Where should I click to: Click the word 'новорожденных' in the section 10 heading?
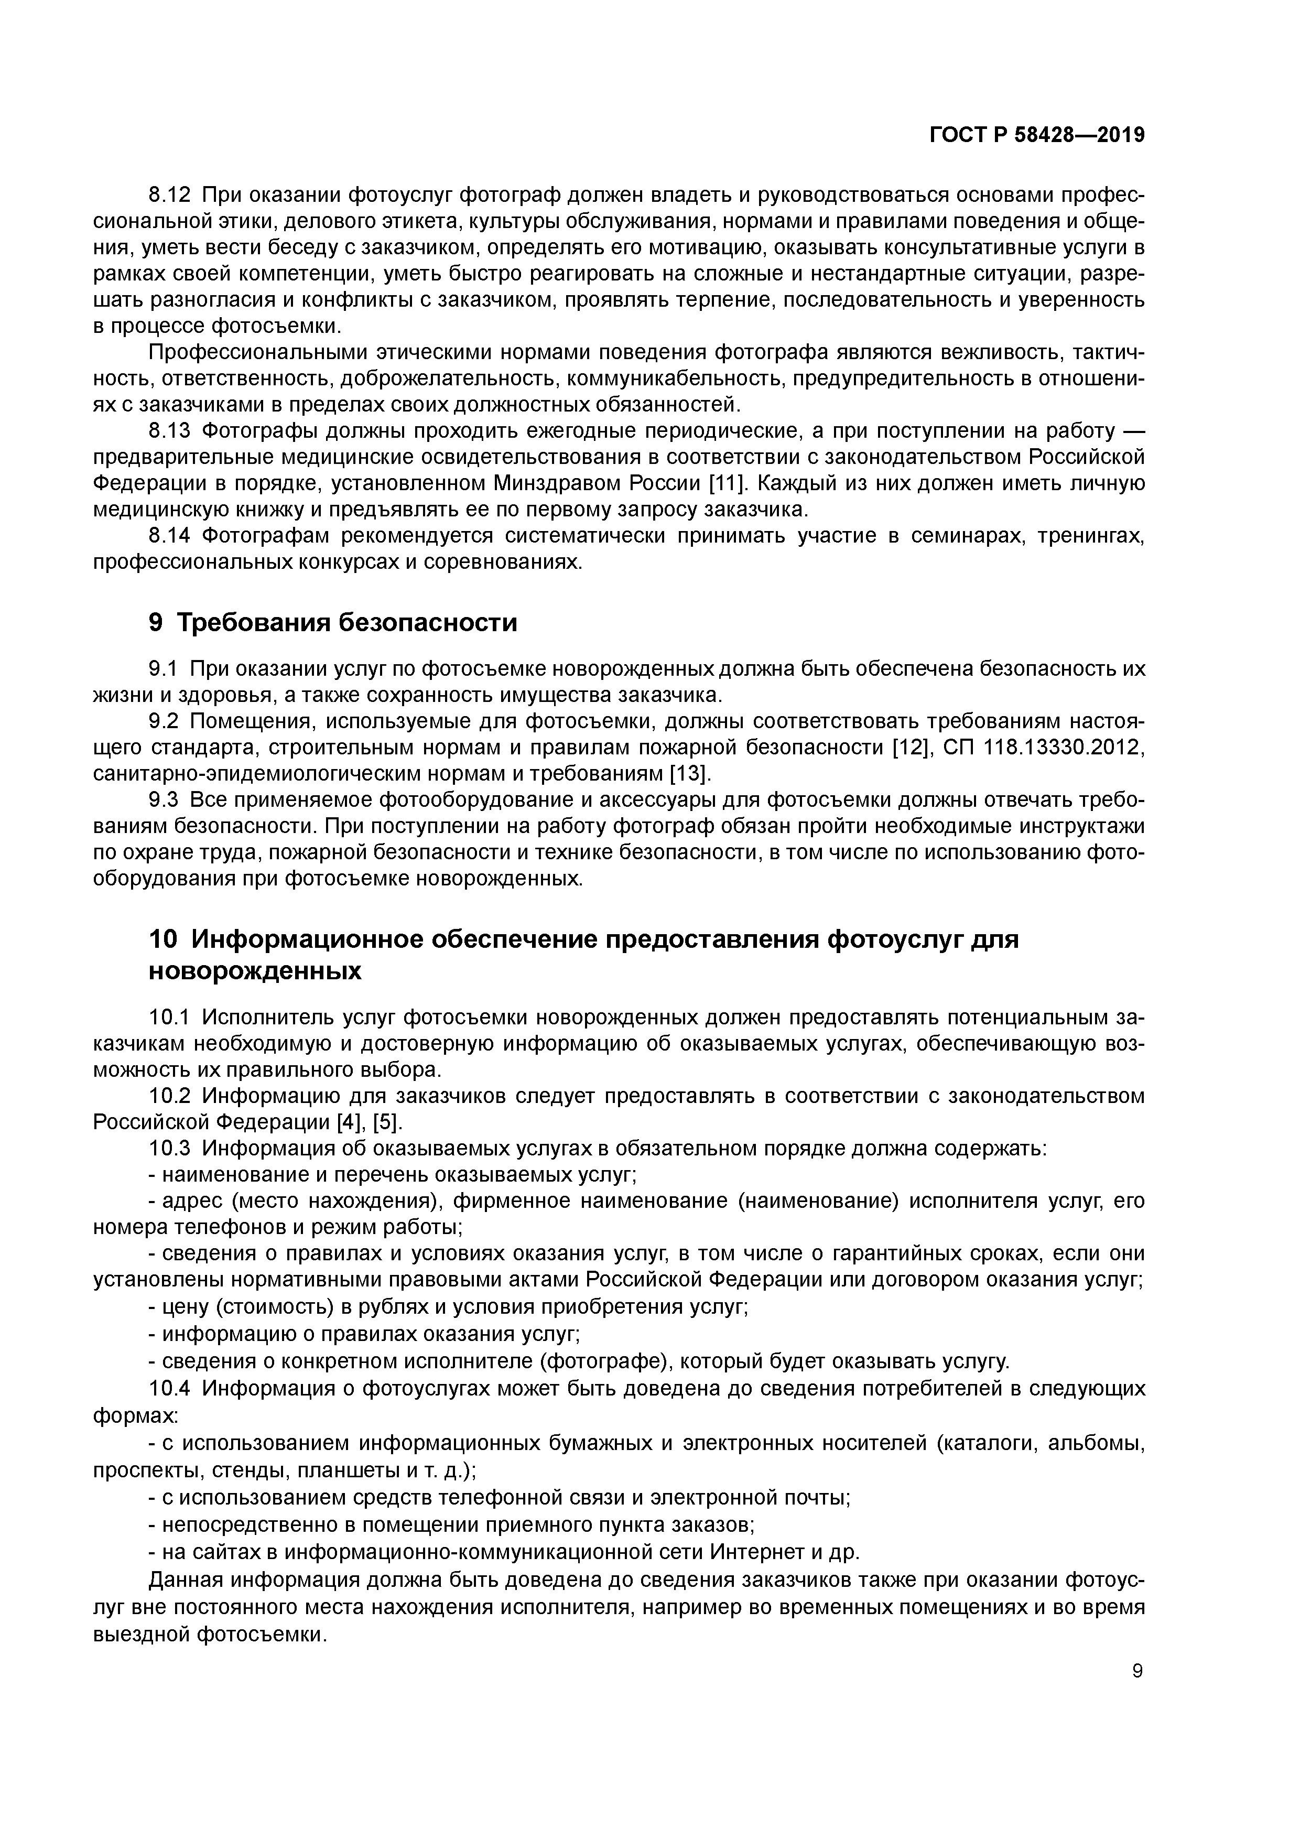click(255, 971)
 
